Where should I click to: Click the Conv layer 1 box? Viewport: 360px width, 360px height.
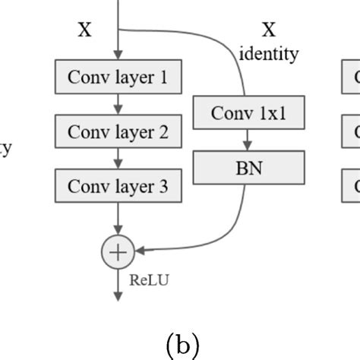pos(118,77)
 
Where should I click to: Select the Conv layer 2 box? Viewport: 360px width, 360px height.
pos(118,132)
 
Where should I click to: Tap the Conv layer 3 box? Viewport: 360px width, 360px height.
pos(118,186)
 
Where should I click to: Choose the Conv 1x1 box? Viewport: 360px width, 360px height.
pos(249,113)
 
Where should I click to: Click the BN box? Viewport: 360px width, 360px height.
pos(249,168)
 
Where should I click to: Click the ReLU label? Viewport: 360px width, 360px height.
pos(149,279)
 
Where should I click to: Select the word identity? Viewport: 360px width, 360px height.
pos(269,54)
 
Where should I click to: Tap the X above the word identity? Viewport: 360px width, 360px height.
pos(269,30)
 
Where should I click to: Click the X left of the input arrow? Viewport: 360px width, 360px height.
pos(85,30)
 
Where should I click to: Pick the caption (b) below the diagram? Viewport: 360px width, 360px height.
pos(179,346)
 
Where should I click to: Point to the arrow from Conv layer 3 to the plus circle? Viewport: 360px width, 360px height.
pos(118,220)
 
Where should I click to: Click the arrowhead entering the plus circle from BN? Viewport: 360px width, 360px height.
pos(138,249)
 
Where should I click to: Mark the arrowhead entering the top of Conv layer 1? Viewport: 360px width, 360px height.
pos(118,56)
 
